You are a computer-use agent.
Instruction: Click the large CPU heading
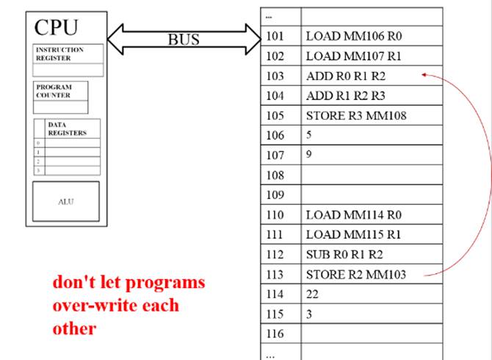56,27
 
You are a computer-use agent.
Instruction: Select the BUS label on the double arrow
184,40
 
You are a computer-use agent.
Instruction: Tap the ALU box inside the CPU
65,201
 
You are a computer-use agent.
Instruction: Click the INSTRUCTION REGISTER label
60,54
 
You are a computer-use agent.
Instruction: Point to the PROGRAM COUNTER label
54,91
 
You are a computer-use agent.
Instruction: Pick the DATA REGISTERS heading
67,129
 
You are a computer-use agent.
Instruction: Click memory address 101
275,35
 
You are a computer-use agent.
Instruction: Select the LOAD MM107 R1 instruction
344,55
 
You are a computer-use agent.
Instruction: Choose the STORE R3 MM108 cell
356,115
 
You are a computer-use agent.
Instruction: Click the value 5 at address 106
310,135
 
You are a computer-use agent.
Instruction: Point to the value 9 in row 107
310,154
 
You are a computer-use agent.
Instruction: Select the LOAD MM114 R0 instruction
344,215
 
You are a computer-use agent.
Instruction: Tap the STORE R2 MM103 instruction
355,275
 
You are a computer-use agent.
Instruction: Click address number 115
275,314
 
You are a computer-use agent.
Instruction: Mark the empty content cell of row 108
372,176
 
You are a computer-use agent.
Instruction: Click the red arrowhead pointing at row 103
424,74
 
